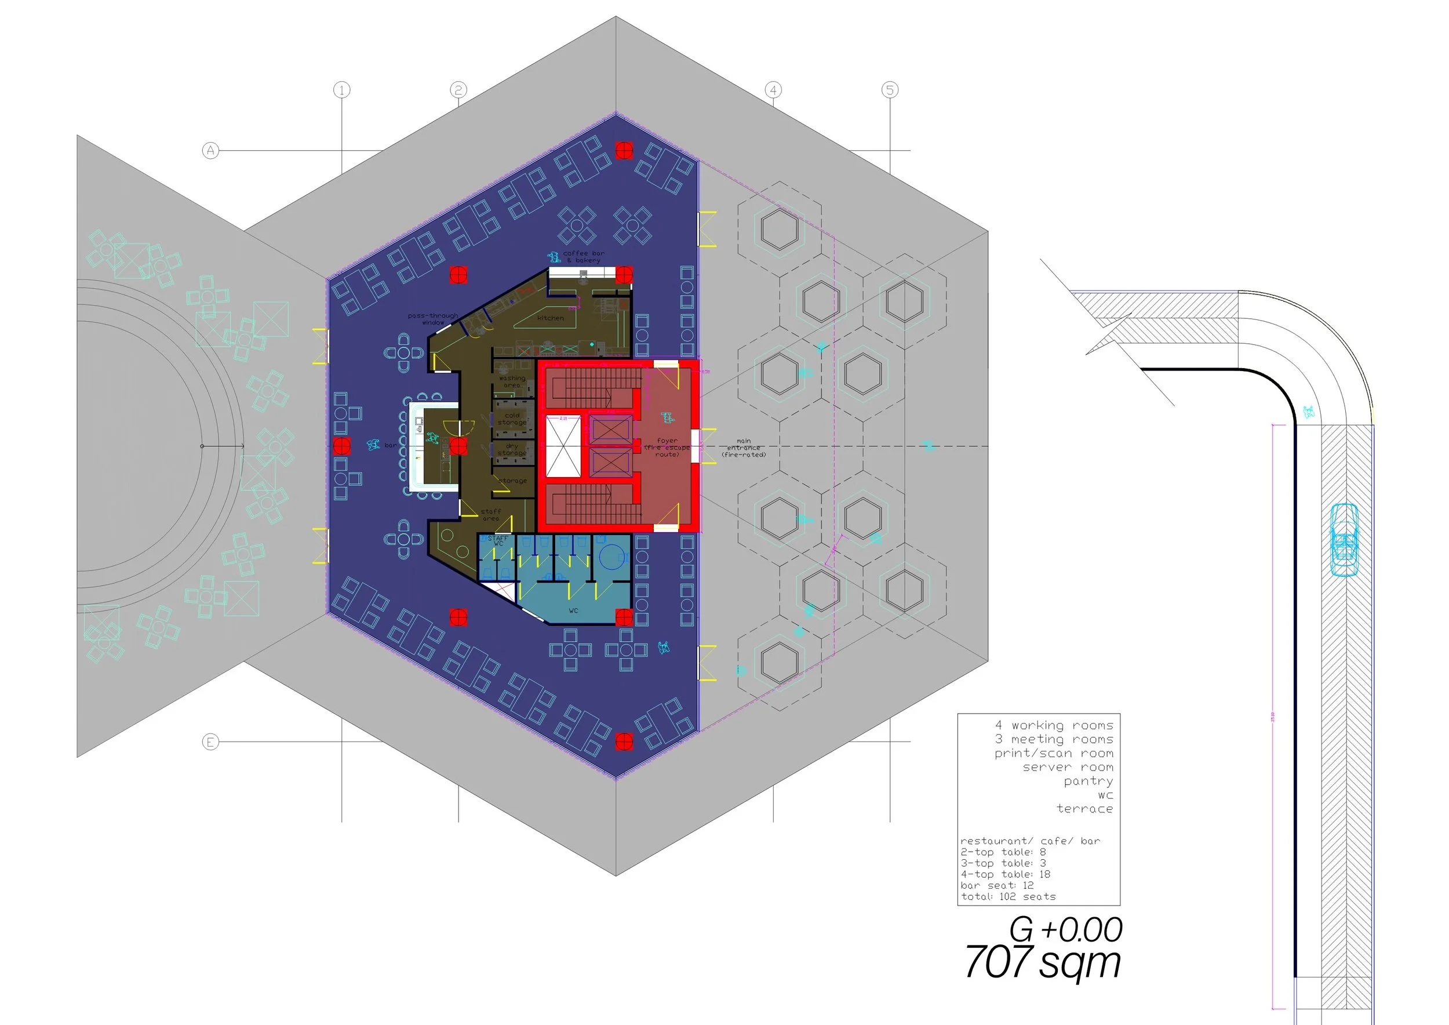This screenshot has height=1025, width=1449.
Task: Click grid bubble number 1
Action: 341,90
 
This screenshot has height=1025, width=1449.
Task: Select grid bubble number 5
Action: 890,90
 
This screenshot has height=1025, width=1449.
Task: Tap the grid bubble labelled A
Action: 211,151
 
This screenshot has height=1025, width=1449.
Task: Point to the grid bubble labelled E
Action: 211,742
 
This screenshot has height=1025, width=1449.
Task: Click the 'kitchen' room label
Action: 550,318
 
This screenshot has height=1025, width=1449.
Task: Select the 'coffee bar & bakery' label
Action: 583,257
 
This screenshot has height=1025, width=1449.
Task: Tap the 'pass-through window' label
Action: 433,319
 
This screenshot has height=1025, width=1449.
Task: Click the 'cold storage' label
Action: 512,419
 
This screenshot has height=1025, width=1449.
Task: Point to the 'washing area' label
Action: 512,382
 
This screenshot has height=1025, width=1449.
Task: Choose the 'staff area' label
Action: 490,515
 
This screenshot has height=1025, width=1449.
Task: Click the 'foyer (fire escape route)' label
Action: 667,448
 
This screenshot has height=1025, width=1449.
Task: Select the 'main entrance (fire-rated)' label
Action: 744,448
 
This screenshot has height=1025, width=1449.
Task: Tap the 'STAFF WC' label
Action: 498,540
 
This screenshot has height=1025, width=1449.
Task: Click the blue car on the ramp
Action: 1344,540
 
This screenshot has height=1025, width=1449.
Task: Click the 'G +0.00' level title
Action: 1065,930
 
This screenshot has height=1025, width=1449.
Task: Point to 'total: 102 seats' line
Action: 1008,896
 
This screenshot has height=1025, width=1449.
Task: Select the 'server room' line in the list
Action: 1068,768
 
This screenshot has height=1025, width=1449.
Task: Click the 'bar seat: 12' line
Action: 997,885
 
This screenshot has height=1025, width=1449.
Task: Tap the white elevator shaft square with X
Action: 562,446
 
